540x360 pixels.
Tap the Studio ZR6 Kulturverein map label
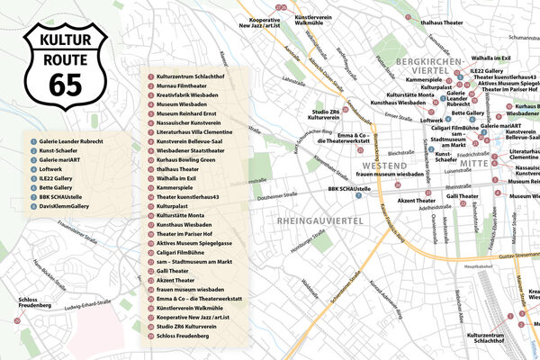(x=323, y=113)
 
